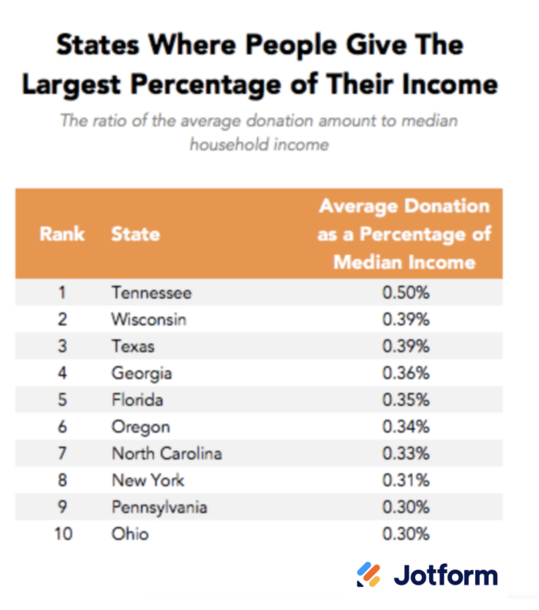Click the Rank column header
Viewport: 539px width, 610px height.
click(x=62, y=233)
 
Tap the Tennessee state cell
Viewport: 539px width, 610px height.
click(x=151, y=292)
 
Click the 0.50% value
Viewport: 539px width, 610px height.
click(x=406, y=292)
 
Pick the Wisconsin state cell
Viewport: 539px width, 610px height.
click(x=149, y=319)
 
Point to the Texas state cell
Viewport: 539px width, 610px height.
click(x=132, y=346)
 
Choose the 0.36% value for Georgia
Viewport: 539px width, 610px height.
click(x=406, y=373)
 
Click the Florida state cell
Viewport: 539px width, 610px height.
click(x=137, y=400)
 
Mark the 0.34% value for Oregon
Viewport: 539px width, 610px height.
click(x=406, y=427)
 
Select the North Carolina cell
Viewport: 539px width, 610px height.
click(x=166, y=453)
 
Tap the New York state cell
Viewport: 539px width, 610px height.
click(x=148, y=480)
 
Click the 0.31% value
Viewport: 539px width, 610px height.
click(x=406, y=480)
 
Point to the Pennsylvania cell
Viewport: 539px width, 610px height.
click(x=159, y=507)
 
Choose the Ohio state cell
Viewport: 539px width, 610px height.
click(x=129, y=534)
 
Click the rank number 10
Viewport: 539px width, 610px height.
click(x=62, y=534)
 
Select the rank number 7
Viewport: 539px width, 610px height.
click(x=62, y=453)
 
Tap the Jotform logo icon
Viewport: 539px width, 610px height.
click(x=368, y=575)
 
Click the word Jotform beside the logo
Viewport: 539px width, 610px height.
click(x=446, y=575)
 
